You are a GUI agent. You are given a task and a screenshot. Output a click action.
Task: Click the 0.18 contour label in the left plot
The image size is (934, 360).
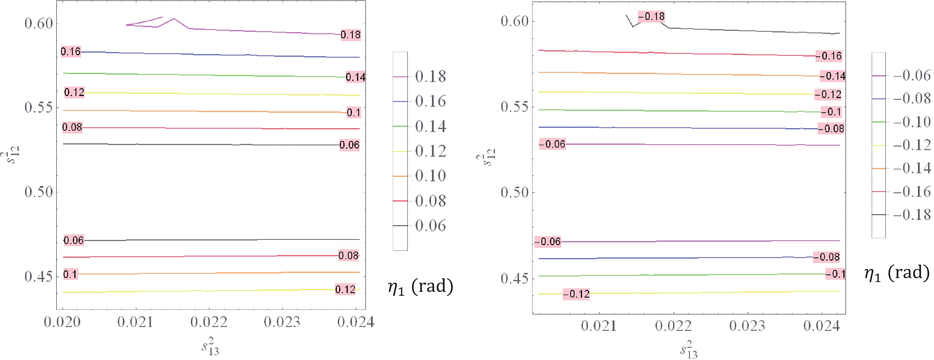pos(350,35)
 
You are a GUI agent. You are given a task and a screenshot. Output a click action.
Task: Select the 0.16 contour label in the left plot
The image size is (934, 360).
pos(71,52)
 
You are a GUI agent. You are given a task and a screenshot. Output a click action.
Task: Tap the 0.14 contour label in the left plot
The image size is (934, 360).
pos(355,77)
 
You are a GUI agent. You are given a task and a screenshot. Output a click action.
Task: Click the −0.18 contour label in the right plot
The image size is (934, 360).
pos(651,17)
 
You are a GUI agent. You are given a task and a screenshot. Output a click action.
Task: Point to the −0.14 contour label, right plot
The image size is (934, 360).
pos(832,76)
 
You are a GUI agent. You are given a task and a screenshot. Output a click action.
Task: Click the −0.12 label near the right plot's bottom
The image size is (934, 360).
pos(576,294)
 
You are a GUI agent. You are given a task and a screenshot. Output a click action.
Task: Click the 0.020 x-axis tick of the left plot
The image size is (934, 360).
pos(62,322)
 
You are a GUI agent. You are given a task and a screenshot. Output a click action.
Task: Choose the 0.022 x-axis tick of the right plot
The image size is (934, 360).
pos(673,326)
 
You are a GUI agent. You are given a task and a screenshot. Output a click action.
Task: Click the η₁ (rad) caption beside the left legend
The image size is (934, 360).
pos(421,287)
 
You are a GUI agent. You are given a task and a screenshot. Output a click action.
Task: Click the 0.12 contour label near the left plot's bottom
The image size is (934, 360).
pos(345,289)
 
